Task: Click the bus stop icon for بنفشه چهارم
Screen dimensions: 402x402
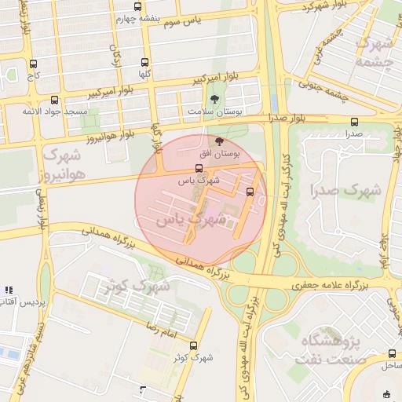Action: click(x=138, y=6)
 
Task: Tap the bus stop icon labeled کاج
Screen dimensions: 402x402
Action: click(x=32, y=64)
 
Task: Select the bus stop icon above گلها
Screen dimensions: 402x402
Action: click(x=144, y=62)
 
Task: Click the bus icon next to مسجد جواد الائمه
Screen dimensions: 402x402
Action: click(x=54, y=100)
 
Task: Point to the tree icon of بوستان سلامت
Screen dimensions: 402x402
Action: click(x=215, y=99)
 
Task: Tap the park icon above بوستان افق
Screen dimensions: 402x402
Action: click(x=218, y=141)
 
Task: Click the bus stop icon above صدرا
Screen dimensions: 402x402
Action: click(x=354, y=122)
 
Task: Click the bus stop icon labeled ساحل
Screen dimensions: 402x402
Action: click(x=392, y=354)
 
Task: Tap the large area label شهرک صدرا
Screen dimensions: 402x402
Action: click(x=345, y=190)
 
